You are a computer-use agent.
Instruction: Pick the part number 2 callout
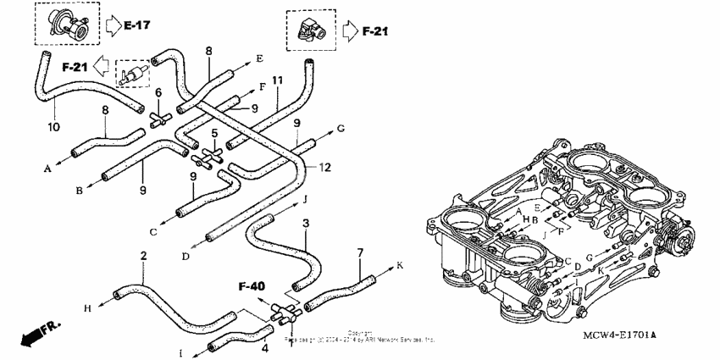pyautogui.click(x=143, y=257)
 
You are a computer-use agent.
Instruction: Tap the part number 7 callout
pyautogui.click(x=360, y=252)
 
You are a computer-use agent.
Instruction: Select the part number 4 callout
pyautogui.click(x=264, y=347)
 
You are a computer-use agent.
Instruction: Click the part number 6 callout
pyautogui.click(x=158, y=91)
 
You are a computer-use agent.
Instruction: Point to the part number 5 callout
pyautogui.click(x=215, y=133)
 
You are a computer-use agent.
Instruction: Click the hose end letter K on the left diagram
pyautogui.click(x=400, y=265)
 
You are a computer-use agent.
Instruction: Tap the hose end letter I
pyautogui.click(x=179, y=351)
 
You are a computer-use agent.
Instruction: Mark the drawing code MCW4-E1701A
pyautogui.click(x=620, y=336)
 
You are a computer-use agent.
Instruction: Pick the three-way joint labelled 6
pyautogui.click(x=158, y=117)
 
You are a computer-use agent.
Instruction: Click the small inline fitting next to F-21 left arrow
pyautogui.click(x=130, y=73)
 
